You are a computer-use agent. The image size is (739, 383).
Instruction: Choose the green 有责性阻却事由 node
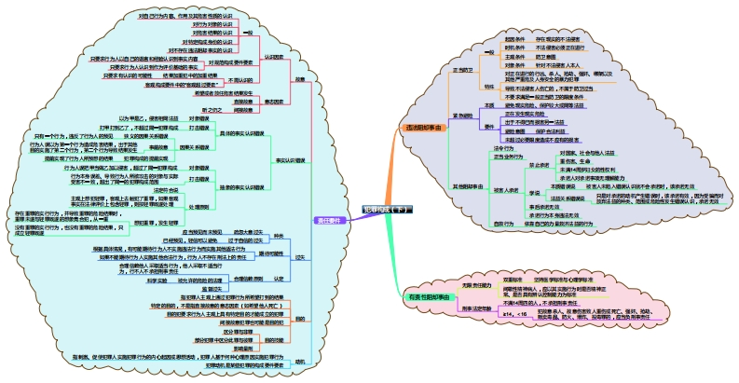[431, 295]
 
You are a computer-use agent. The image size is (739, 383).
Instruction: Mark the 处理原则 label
[203, 207]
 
